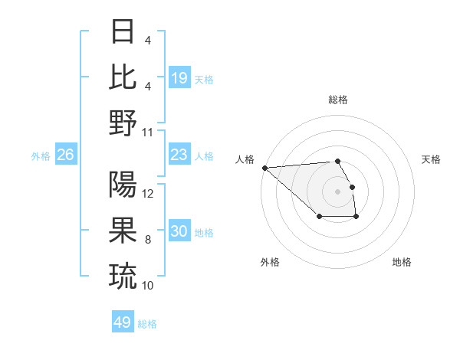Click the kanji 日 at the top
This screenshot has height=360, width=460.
coord(123,33)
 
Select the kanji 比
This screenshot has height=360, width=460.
coord(123,77)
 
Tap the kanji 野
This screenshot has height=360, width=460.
coord(123,123)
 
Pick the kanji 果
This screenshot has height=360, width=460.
coord(123,230)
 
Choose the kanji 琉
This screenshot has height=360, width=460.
coord(123,275)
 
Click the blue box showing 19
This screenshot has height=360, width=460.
coord(179,77)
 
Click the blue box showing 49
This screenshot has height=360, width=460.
coord(123,322)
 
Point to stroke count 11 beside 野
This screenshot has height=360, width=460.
coord(148,132)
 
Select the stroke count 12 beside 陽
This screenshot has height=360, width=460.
coord(148,194)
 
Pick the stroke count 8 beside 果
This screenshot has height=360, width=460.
coord(148,240)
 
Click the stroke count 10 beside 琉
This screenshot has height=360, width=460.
coord(148,285)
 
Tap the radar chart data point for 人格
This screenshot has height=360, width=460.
coord(264,168)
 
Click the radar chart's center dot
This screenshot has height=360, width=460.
coord(338,191)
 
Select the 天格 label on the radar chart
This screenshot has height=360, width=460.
coord(431,159)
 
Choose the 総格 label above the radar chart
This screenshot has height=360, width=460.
coord(338,100)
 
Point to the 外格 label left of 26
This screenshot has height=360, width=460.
coord(41,156)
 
